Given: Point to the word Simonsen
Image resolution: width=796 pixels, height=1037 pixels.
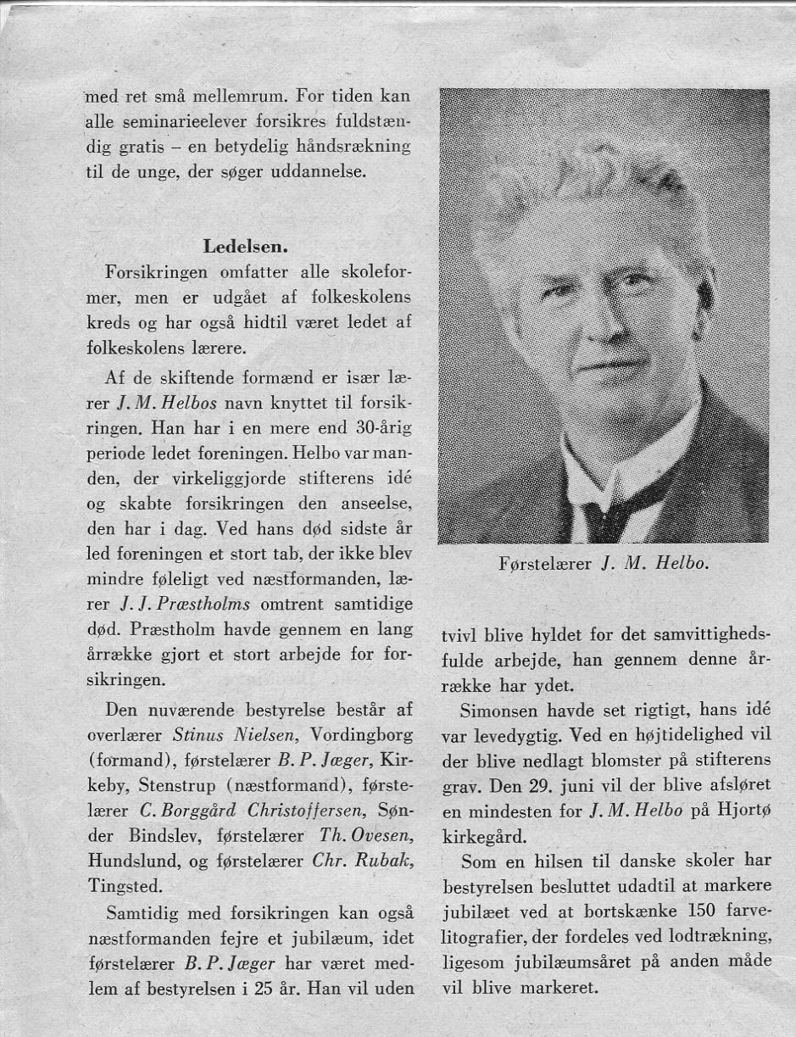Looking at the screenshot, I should click(x=505, y=709).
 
